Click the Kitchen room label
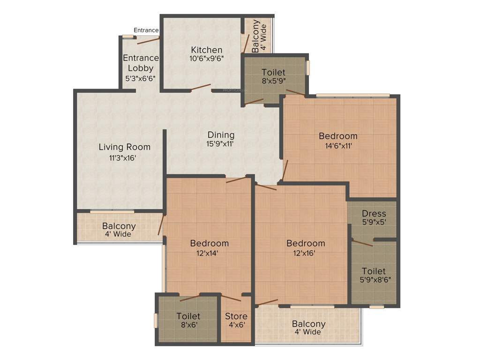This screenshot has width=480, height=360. pos(206,50)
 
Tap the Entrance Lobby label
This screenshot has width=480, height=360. pos(141,63)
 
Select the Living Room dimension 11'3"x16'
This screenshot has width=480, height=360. pos(122,158)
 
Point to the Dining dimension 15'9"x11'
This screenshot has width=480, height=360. pos(220,144)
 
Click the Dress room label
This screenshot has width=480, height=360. pos(374,214)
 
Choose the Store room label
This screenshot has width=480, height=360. pos(236,316)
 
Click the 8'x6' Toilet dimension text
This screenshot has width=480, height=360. pos(188,324)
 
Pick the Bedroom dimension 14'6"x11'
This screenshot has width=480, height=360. pos(337,145)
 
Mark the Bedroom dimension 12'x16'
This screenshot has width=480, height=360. pos(305,253)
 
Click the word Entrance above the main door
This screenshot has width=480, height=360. pos(146,30)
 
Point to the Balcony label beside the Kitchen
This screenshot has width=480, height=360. pos(255,36)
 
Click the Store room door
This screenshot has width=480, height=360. pos(231,298)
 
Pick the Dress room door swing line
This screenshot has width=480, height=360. pos(362,242)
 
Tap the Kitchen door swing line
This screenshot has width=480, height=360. pos(201,87)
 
